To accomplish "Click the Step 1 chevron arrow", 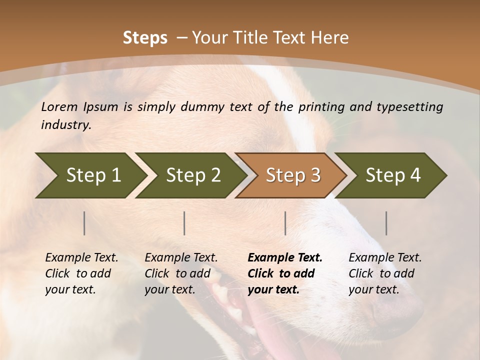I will coord(90,175).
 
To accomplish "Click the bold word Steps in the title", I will coord(145,38).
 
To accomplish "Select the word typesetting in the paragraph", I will coord(409,106).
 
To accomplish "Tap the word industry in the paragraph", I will coord(65,125).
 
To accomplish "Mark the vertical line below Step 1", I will coord(84,223).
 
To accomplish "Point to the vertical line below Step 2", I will coord(184,223).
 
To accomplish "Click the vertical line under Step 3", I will coord(285,223).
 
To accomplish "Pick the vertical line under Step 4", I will coord(386,223).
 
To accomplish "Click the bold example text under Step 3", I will coord(284,273).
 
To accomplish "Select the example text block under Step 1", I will coord(81,273).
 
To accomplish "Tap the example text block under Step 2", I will coord(181,273).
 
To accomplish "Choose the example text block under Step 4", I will coord(385,273).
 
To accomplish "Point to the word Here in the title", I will coord(330,38).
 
